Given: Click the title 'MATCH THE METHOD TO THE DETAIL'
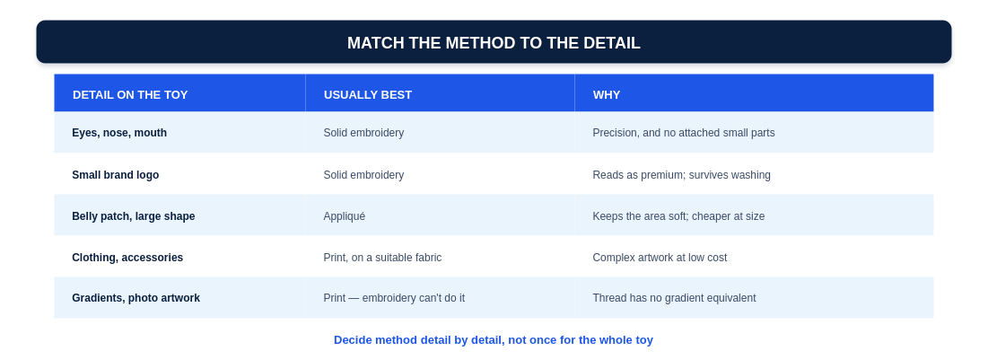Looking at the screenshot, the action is click(x=494, y=43).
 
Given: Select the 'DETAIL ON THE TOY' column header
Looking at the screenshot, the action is click(x=130, y=94).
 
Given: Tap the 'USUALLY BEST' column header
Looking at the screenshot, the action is click(x=367, y=94).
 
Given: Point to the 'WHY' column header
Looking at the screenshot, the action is click(x=606, y=94).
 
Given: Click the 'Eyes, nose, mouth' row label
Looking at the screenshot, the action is click(x=119, y=133).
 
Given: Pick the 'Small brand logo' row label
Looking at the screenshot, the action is click(x=115, y=175).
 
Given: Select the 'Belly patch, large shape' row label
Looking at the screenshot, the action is click(x=134, y=216).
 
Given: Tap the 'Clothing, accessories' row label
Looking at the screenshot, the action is click(x=127, y=258).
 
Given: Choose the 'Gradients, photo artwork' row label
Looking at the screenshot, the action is click(x=136, y=297).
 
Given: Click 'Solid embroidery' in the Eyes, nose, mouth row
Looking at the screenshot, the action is click(x=363, y=133).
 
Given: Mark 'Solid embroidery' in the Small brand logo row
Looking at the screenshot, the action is click(x=363, y=175).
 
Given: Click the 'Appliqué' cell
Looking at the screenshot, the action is click(x=344, y=216).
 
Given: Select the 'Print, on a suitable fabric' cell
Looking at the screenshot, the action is click(x=382, y=258).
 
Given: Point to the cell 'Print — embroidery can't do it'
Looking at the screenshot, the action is click(x=394, y=297).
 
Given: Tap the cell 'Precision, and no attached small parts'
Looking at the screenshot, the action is click(x=684, y=133).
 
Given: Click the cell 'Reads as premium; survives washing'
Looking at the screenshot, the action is click(x=681, y=175).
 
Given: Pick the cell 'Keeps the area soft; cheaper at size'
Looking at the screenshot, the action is click(x=678, y=216).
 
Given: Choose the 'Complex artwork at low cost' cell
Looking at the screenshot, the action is click(x=660, y=258).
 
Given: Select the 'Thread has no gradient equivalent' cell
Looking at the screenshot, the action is click(x=674, y=297).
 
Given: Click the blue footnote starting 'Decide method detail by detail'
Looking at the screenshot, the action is click(x=494, y=340).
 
